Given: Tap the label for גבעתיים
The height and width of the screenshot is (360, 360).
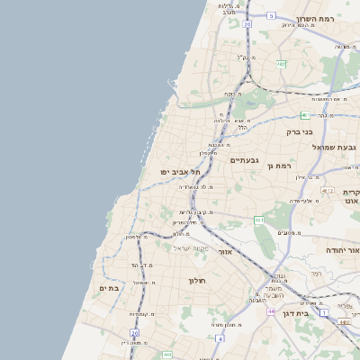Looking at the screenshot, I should tap(245, 160).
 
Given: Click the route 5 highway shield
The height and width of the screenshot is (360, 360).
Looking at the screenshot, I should tap(271, 15).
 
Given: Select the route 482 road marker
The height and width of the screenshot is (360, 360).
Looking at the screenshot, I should tap(282, 64).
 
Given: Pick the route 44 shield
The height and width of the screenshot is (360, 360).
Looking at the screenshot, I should tap(271, 310).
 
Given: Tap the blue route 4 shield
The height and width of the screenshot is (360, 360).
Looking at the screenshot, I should tap(220, 338).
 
